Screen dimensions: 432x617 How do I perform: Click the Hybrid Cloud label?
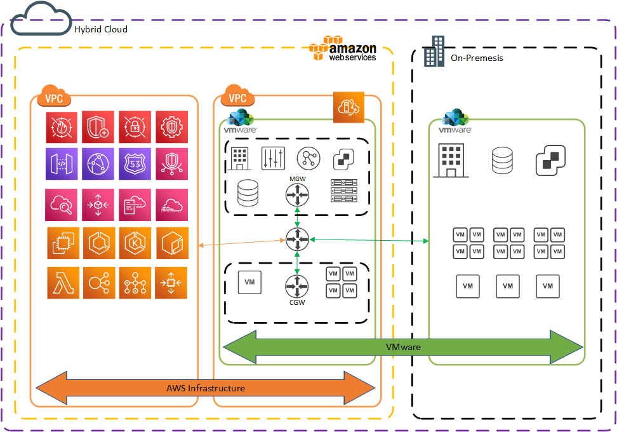tap(101, 29)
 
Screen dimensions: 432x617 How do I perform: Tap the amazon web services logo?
tap(343, 49)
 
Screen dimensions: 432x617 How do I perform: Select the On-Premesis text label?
tap(477, 58)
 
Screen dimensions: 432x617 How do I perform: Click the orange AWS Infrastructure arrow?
tap(206, 388)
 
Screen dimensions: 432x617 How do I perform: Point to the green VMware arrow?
tap(403, 348)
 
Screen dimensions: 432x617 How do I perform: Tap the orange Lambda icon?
tap(63, 283)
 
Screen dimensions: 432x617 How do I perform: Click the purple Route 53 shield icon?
tap(135, 164)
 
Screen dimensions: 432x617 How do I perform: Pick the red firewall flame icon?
tap(62, 127)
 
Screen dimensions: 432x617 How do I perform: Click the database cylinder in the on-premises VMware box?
tap(502, 160)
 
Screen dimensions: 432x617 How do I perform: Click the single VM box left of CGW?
tap(249, 282)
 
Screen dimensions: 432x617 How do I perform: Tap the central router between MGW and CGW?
tap(297, 240)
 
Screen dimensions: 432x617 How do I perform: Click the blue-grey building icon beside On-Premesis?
tap(434, 51)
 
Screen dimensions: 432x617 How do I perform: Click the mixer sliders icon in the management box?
tap(274, 158)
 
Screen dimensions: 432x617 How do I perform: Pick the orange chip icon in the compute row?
tap(63, 243)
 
